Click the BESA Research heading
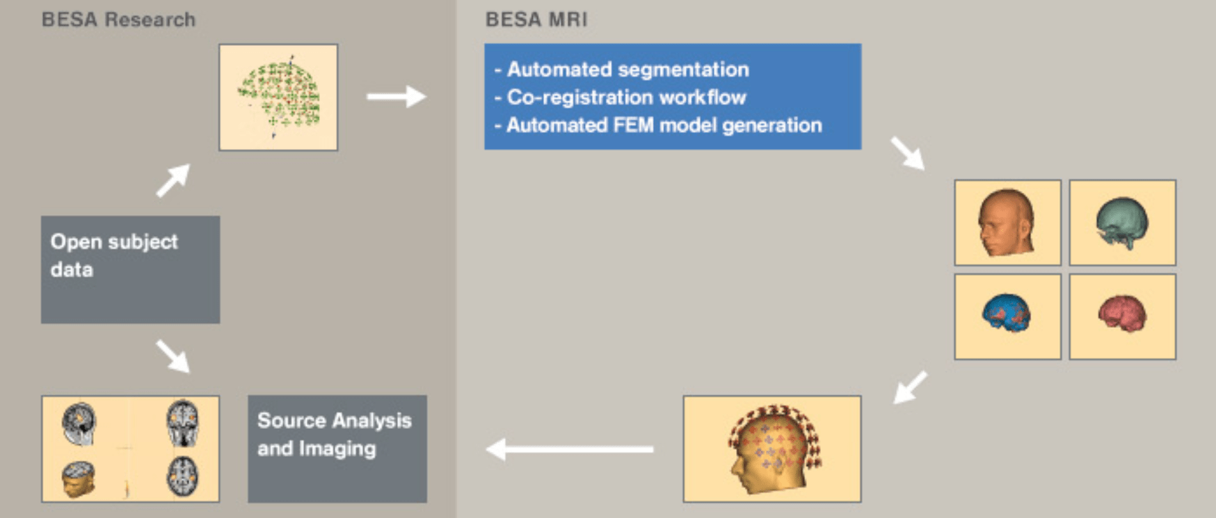tap(118, 19)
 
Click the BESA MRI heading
tap(536, 19)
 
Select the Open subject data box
tap(130, 269)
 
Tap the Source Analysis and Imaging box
tap(337, 448)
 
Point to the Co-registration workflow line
tap(626, 97)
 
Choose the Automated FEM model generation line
tap(664, 125)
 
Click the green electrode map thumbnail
tap(278, 97)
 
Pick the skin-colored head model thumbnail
tap(1007, 223)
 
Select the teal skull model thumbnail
tap(1122, 223)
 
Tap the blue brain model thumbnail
tap(1007, 316)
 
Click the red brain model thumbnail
tap(1122, 316)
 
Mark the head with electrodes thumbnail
tap(772, 448)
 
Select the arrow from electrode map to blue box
tap(396, 97)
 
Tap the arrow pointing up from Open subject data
tap(173, 180)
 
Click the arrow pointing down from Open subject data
tap(173, 356)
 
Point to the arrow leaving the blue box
tap(908, 153)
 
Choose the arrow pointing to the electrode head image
tap(910, 387)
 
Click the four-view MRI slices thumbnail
tap(130, 448)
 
